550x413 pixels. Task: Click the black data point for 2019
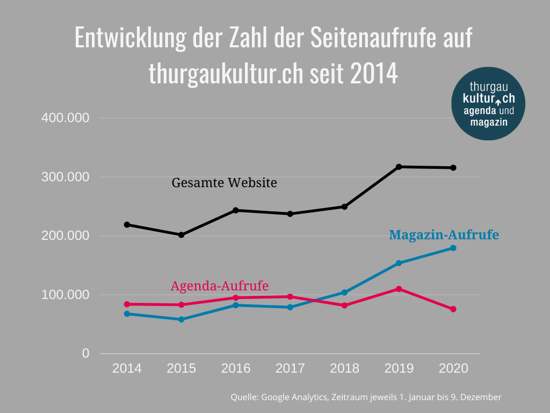[x=399, y=167]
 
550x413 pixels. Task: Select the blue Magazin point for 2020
[x=453, y=248]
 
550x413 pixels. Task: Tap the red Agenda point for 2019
[x=399, y=289]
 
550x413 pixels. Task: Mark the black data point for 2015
[x=182, y=235]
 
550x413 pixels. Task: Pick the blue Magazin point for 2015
[x=182, y=319]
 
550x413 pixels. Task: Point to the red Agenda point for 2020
[x=453, y=309]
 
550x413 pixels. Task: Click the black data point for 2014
[x=127, y=224]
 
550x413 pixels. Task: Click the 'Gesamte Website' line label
[x=224, y=183]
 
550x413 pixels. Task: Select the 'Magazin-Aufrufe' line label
[x=444, y=235]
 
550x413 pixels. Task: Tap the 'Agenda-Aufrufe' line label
[x=219, y=286]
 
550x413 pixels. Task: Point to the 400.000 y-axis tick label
[x=64, y=118]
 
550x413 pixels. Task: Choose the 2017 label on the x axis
[x=290, y=368]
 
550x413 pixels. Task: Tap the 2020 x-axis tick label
[x=453, y=368]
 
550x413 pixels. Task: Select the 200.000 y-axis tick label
[x=64, y=236]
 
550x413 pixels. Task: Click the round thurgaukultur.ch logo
[x=488, y=103]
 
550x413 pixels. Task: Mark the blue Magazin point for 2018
[x=344, y=293]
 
